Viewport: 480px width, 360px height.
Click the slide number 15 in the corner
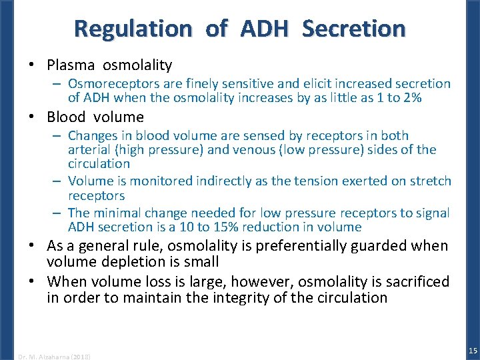click(x=473, y=351)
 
